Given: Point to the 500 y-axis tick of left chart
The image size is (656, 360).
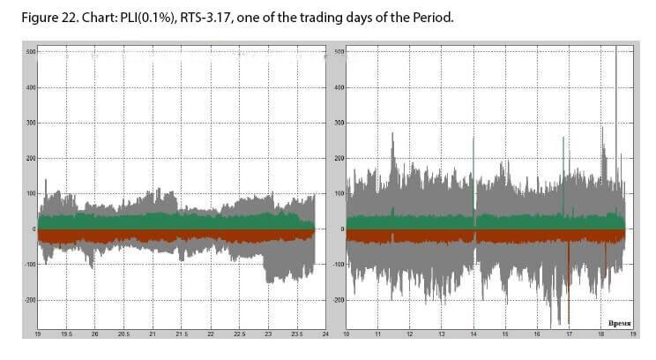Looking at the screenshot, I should click(30, 52).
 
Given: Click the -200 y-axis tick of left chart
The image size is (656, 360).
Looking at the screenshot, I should click(28, 300).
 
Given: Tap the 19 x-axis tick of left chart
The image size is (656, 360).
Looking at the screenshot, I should click(37, 334).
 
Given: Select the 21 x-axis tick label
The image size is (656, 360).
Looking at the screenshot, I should click(153, 334).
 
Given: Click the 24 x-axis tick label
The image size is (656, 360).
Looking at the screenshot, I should click(325, 334).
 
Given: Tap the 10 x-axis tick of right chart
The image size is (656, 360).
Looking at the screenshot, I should click(347, 334).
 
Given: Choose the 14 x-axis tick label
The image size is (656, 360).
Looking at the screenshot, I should click(474, 334).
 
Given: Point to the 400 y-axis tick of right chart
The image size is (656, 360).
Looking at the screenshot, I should click(340, 88).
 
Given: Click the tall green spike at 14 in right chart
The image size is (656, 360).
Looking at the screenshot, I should click(473, 176).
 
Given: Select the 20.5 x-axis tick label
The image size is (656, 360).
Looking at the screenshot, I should click(123, 334).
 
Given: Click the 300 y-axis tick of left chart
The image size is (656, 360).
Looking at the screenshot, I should click(30, 124).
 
